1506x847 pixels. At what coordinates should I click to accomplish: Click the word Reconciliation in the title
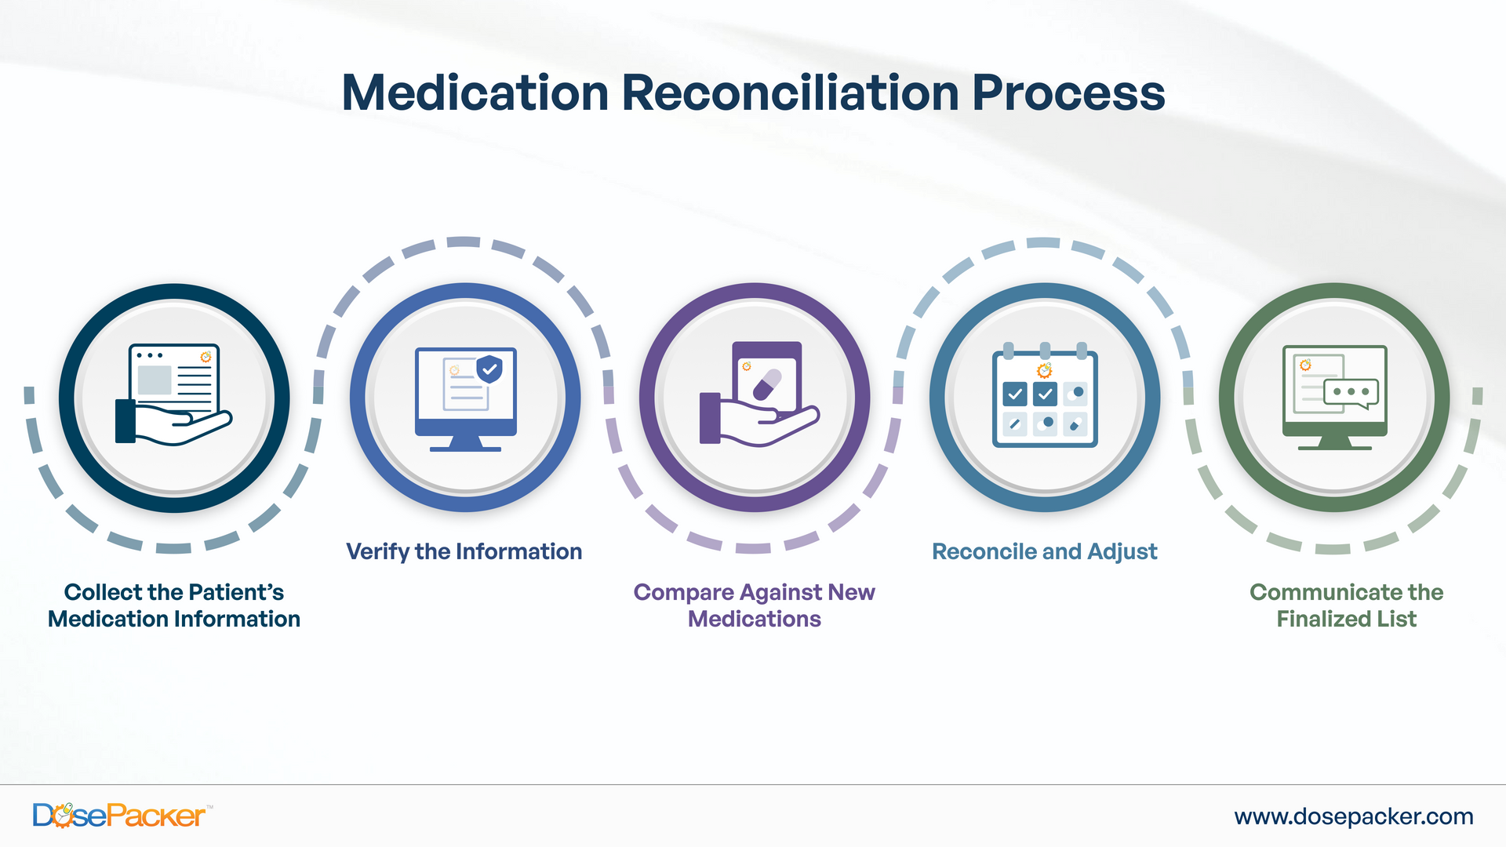click(x=790, y=93)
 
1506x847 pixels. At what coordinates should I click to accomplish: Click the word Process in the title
click(x=1068, y=93)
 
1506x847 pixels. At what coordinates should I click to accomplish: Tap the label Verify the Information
click(x=464, y=551)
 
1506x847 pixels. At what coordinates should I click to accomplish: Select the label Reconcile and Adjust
click(x=1044, y=551)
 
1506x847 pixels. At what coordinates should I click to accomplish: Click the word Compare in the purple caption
click(x=683, y=592)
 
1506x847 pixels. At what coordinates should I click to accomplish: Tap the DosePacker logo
click(x=119, y=816)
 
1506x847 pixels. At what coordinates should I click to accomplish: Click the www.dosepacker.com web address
click(x=1353, y=816)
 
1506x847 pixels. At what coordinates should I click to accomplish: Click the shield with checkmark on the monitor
click(x=489, y=368)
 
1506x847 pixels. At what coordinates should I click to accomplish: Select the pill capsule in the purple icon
click(x=766, y=384)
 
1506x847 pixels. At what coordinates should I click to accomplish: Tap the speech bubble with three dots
click(x=1351, y=392)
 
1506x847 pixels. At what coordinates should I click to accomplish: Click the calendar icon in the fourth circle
click(x=1044, y=398)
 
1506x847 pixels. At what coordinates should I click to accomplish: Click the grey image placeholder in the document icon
click(x=155, y=380)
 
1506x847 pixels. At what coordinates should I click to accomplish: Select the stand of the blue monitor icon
click(x=465, y=443)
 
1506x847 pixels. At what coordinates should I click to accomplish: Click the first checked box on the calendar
click(x=1014, y=394)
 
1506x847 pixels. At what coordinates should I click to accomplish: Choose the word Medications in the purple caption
click(x=754, y=619)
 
